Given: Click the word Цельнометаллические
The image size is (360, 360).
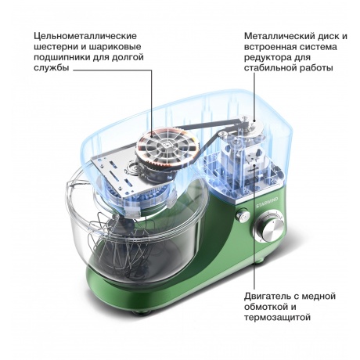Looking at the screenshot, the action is coord(85,36).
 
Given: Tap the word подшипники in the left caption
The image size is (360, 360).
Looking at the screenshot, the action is coord(59,57).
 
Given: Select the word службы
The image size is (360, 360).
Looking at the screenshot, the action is coord(52,68).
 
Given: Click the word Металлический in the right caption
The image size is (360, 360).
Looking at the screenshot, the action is coord(279,36).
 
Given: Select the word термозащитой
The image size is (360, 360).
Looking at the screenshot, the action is coord(278,318).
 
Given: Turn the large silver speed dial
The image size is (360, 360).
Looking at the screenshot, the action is coord(269,229).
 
